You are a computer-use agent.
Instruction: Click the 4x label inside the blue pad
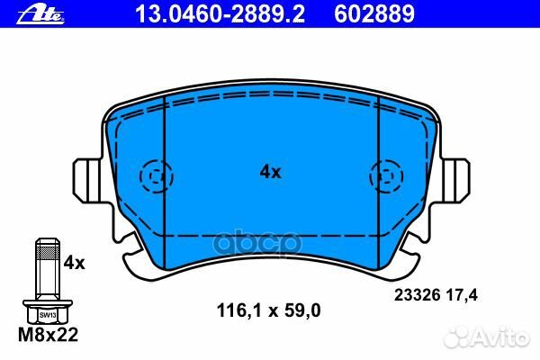pos(270,172)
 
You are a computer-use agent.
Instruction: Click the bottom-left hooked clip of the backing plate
pos(135,252)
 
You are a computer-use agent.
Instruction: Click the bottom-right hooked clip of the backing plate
pos(406,252)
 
